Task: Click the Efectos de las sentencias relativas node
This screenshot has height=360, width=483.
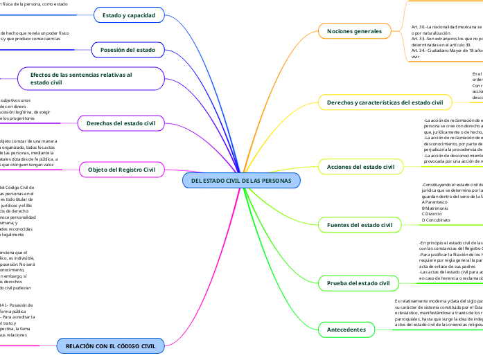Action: (81, 78)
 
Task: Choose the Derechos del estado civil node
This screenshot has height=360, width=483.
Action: (121, 123)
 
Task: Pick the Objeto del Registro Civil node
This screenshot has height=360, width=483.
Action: (121, 170)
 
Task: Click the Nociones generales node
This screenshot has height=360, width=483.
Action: (353, 31)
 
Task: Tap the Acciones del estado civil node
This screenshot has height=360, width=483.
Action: (360, 167)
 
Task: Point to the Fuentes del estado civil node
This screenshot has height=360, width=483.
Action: (359, 225)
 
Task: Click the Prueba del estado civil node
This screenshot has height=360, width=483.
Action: (358, 283)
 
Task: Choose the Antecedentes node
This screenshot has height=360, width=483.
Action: (346, 330)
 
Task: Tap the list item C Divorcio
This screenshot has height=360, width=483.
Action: (434, 214)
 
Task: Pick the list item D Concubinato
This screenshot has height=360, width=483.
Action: (437, 219)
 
